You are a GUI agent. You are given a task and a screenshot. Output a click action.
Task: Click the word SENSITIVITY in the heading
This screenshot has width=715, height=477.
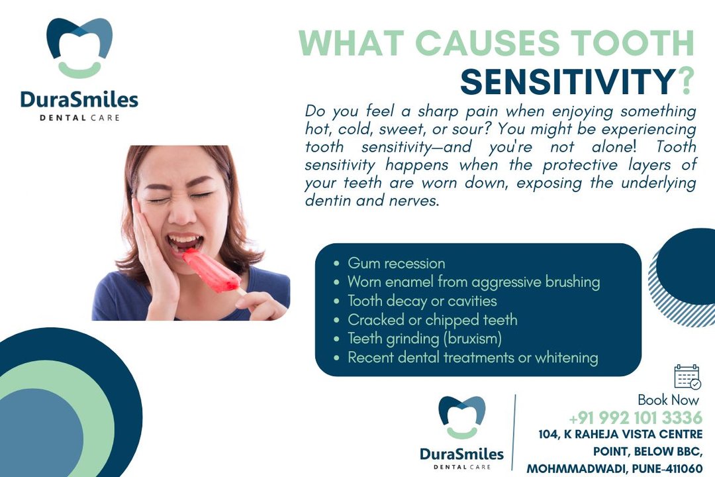(x=567, y=81)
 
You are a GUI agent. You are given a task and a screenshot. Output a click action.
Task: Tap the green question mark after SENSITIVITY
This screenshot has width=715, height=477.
(x=685, y=81)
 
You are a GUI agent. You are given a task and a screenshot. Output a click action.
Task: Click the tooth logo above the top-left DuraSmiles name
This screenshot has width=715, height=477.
(x=79, y=48)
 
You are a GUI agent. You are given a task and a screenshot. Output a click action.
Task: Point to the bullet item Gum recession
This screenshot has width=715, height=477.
(x=396, y=264)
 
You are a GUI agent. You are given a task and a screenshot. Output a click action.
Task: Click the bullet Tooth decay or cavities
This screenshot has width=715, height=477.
(x=422, y=301)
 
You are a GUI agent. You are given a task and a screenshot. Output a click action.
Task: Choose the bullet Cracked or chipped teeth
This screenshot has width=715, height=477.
(x=432, y=319)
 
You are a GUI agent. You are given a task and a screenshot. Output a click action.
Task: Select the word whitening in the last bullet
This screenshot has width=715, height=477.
(x=566, y=357)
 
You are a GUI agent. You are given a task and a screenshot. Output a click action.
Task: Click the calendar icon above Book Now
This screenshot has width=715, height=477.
(x=687, y=377)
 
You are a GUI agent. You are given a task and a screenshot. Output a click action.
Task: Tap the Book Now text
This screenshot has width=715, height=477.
(x=668, y=400)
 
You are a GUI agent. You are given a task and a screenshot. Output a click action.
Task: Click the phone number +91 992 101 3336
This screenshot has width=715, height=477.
(x=636, y=417)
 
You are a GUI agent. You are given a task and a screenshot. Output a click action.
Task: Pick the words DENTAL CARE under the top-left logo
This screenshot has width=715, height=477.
(x=79, y=118)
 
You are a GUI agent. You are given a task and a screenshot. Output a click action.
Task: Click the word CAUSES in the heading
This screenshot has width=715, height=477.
(x=487, y=43)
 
